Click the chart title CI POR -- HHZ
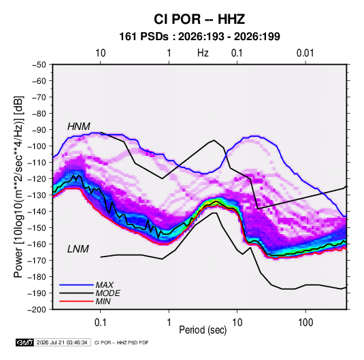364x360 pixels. (199, 19)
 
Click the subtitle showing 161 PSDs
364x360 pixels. (199, 37)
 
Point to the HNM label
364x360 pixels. (79, 127)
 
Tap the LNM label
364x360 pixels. (78, 249)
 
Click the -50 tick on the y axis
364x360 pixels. (39, 65)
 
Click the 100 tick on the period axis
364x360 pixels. (305, 323)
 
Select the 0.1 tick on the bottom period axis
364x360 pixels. (100, 323)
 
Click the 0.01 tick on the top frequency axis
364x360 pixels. (305, 53)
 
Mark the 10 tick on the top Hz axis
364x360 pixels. (101, 53)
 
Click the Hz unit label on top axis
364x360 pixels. (203, 53)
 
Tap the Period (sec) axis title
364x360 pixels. (203, 330)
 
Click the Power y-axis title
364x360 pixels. (18, 187)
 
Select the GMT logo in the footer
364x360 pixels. (25, 342)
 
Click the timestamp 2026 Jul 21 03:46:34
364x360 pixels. (62, 342)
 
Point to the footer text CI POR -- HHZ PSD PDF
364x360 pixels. (121, 342)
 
